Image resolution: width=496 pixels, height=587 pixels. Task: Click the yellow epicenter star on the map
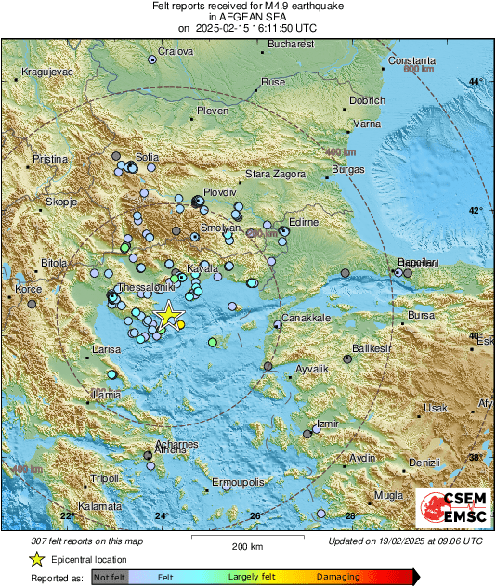pos(168,315)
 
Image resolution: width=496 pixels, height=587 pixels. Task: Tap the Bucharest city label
pos(286,43)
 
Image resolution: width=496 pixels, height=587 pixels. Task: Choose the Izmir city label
pos(327,424)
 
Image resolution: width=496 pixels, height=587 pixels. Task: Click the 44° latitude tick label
pos(474,82)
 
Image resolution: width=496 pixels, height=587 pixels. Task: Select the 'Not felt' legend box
pos(111,578)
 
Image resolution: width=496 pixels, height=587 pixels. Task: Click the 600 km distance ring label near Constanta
pos(419,69)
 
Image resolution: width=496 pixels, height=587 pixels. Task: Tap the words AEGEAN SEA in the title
pos(247,17)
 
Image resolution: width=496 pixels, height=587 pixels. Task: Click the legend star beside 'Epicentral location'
pos(37,559)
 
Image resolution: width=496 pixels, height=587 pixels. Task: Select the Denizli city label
pos(424,462)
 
